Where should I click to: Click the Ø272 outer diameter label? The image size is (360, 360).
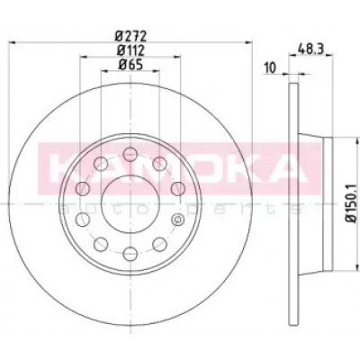[131, 37]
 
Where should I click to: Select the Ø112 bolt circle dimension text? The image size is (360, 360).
[131, 50]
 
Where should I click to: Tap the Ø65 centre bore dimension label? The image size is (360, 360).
[130, 65]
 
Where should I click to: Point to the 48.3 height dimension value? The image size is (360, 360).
[310, 49]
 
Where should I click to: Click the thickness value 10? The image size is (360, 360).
[270, 68]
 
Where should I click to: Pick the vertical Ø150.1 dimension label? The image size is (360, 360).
[351, 203]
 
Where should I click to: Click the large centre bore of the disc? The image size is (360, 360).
[130, 204]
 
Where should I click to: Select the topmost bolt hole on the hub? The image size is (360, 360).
[130, 155]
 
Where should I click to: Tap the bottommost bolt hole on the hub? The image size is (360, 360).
[130, 254]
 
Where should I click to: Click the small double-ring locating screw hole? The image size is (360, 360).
[177, 220]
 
